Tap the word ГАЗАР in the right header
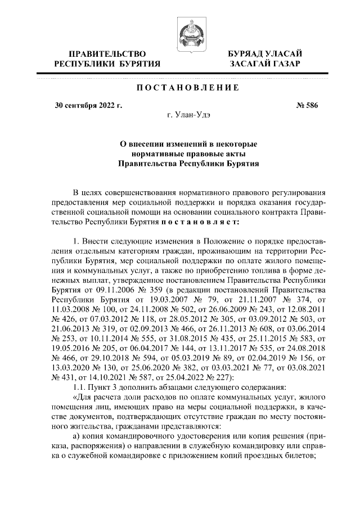pyautogui.click(x=283, y=64)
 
